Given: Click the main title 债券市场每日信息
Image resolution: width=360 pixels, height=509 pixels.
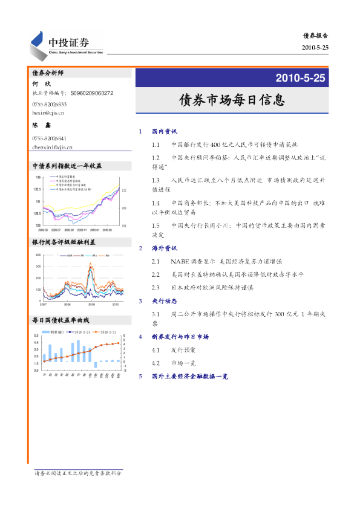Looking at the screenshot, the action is point(232,99).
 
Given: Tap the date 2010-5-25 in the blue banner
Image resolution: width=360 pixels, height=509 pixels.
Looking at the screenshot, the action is point(300,78).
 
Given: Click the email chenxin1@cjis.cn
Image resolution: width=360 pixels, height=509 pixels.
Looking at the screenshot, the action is point(52,147).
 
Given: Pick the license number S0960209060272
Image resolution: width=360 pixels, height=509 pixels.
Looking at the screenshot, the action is point(91,94).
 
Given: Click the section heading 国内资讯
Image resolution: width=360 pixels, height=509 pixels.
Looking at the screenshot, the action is point(164,131).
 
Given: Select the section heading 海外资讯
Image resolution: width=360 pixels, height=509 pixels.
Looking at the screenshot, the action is point(164,248).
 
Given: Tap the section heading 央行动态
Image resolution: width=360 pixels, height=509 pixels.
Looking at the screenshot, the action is point(164,300).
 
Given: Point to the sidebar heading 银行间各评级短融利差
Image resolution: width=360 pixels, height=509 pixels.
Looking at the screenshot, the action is point(64,242).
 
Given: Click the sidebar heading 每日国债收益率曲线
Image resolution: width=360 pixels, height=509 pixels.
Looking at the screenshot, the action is point(61,320).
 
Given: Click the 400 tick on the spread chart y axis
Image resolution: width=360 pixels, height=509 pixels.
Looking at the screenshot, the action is point(38,255).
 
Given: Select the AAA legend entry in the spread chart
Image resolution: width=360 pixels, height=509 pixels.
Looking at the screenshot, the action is point(62,256).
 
